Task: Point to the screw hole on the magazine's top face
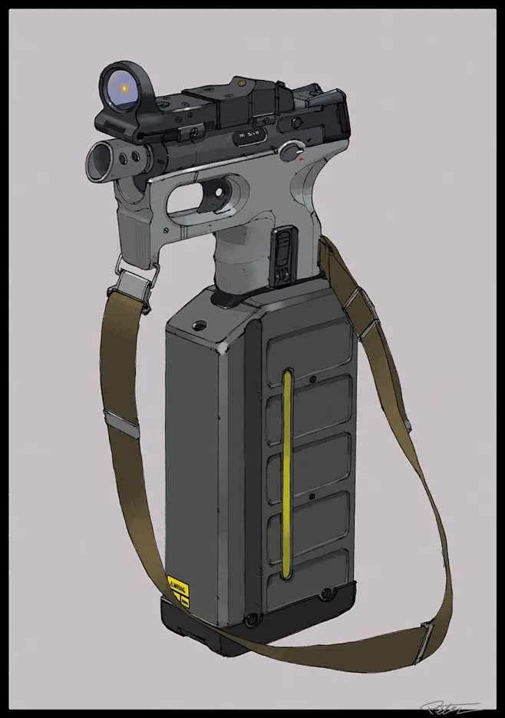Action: [x=201, y=325]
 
